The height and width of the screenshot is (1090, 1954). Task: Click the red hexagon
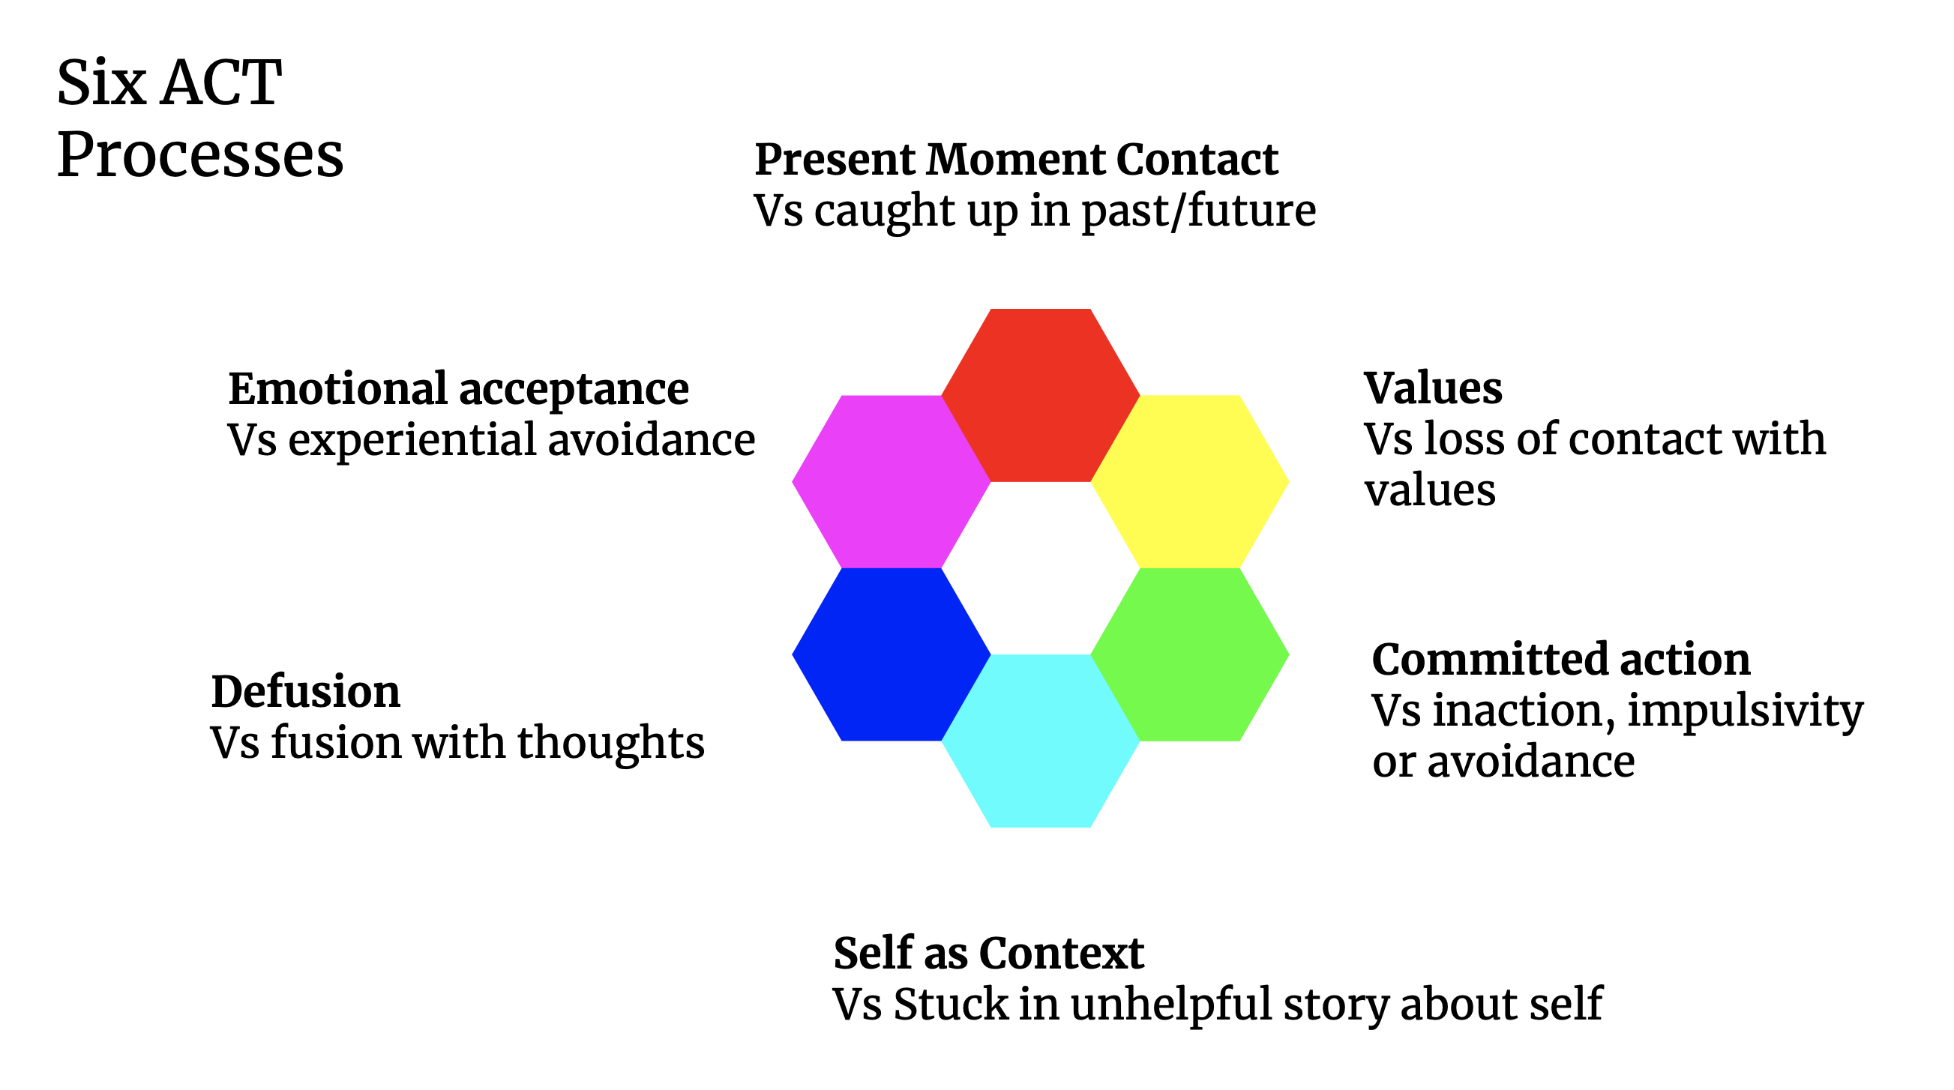coord(1040,394)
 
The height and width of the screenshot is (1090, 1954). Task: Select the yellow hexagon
coord(1189,481)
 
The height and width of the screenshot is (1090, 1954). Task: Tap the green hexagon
coord(1189,654)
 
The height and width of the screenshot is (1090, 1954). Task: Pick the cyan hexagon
coord(1040,741)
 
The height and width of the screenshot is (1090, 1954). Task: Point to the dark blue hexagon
coord(892,654)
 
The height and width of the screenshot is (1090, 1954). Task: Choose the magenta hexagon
coord(892,481)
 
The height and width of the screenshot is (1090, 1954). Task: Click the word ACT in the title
coord(220,83)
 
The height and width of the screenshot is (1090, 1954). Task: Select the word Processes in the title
coord(200,155)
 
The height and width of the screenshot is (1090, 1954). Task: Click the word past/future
coord(1198,211)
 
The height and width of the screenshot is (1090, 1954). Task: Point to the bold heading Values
coord(1432,388)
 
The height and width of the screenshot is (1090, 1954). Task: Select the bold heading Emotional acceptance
coord(458,389)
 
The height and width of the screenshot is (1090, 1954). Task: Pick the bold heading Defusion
coord(305,692)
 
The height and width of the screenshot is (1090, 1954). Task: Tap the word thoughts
coord(610,743)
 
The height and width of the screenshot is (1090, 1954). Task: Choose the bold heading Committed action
coord(1561,659)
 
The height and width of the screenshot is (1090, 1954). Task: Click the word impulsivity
coord(1745,711)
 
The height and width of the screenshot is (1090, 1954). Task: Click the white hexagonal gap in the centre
coord(1040,567)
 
